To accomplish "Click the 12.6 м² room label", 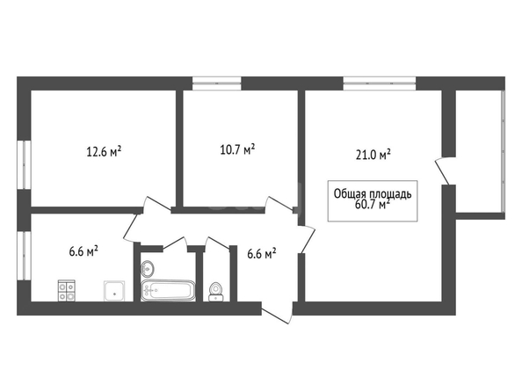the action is click(x=104, y=152).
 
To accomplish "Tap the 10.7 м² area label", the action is click(x=237, y=149).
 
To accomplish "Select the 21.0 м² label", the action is click(x=373, y=155).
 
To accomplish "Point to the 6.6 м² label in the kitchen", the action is click(x=83, y=250).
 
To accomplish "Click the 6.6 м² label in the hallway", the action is click(x=261, y=254).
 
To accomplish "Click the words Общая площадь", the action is click(x=373, y=194).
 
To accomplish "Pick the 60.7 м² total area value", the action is click(x=373, y=204).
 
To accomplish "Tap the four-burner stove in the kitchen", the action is click(x=67, y=290).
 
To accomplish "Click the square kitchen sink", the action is click(x=114, y=291).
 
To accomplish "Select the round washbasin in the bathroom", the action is click(x=148, y=268).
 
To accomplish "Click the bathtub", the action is click(x=168, y=290).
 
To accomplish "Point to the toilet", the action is click(x=215, y=292).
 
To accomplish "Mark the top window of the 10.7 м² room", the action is click(x=217, y=83).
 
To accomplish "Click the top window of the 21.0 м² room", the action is click(x=380, y=83).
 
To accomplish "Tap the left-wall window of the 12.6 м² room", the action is click(x=24, y=165).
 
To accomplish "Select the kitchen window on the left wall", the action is click(x=24, y=256).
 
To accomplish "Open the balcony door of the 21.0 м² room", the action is click(x=443, y=171).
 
